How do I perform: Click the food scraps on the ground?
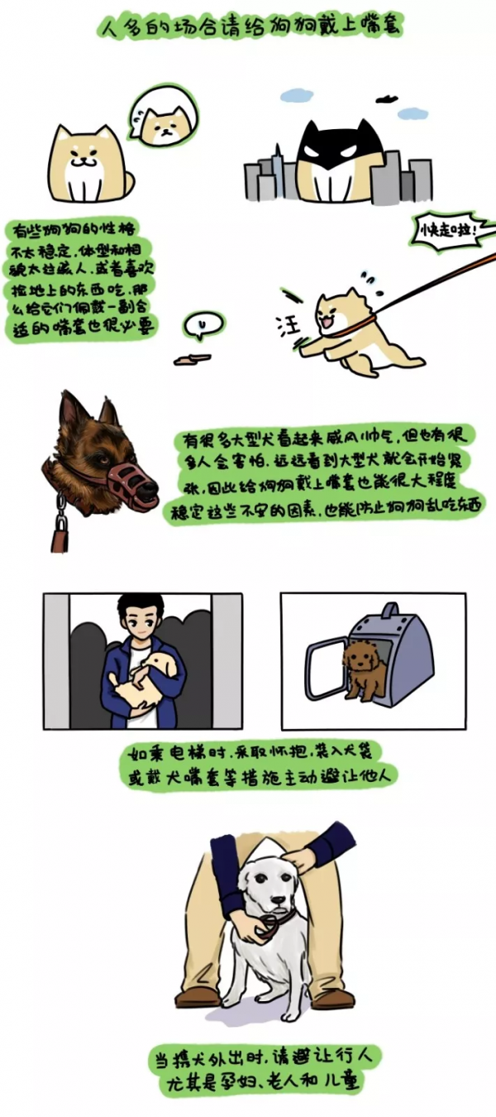pos(192,359)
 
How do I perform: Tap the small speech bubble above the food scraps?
pos(200,326)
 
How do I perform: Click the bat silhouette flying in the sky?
pos(388,99)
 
